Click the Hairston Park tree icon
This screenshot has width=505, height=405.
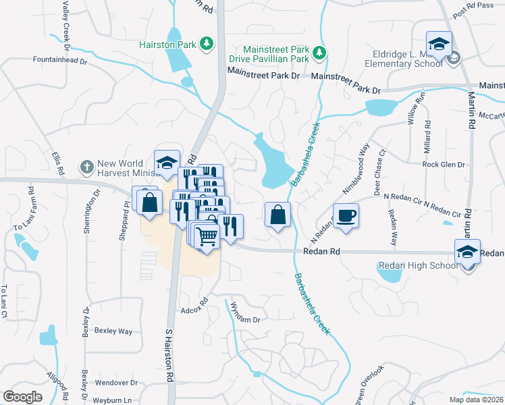click(x=207, y=45)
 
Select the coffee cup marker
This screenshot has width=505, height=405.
click(x=346, y=216)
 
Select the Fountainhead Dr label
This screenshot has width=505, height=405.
click(x=61, y=61)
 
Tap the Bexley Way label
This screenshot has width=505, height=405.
click(x=113, y=331)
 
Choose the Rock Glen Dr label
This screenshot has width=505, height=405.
click(x=444, y=164)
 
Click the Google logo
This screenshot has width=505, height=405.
click(x=22, y=397)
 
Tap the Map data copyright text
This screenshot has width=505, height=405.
click(x=476, y=399)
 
